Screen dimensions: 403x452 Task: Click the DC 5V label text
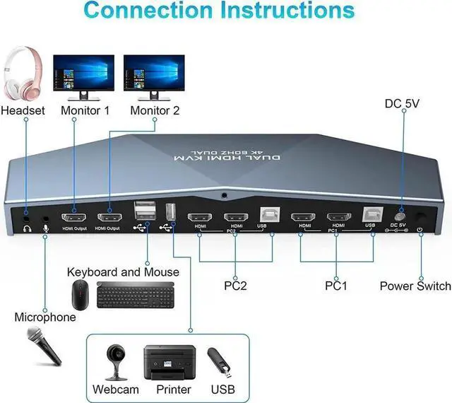coord(402,104)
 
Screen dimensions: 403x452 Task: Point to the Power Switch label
coord(415,286)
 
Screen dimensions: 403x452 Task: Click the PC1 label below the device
coord(337,286)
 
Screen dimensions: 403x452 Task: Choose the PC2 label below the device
coord(235,286)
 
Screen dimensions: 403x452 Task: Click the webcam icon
coord(115,361)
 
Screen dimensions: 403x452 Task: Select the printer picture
coord(167,361)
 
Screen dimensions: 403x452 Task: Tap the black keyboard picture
coord(127,294)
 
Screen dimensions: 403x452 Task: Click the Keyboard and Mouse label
coord(123,272)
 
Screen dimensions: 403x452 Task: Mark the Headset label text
coord(23,110)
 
